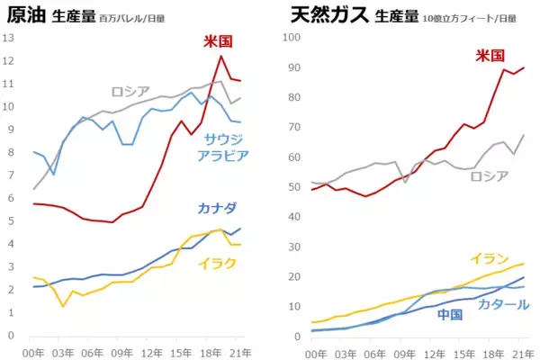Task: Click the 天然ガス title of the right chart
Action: point(322,15)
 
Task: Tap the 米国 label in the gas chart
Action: point(490,56)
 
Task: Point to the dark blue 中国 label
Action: point(450,315)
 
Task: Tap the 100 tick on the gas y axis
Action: point(290,38)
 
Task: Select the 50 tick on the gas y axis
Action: point(292,187)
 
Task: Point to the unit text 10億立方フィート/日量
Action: point(470,17)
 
